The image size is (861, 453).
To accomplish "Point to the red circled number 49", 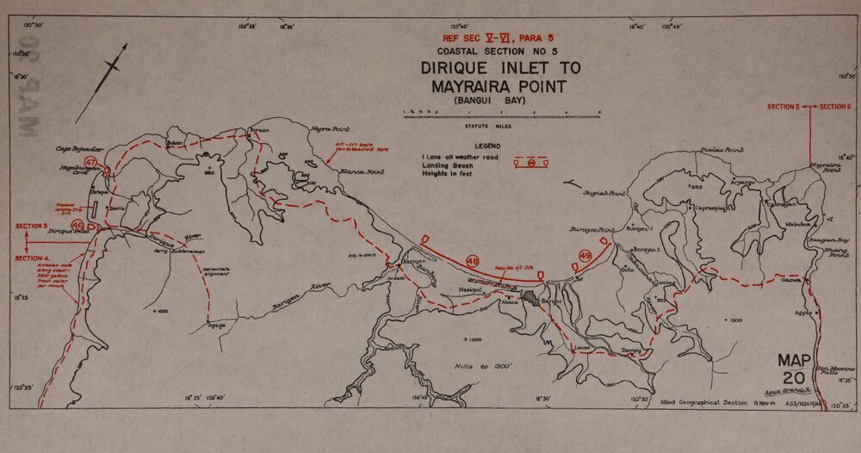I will tap(585, 256).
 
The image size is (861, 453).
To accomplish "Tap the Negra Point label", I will tap(328, 128).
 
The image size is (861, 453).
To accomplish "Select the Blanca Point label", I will tap(362, 171).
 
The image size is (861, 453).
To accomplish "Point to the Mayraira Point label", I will tap(824, 167).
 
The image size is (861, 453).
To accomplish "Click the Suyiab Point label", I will tap(604, 194).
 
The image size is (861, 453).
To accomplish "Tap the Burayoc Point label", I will tap(590, 230).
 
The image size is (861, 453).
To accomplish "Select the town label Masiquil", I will tap(473, 289).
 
